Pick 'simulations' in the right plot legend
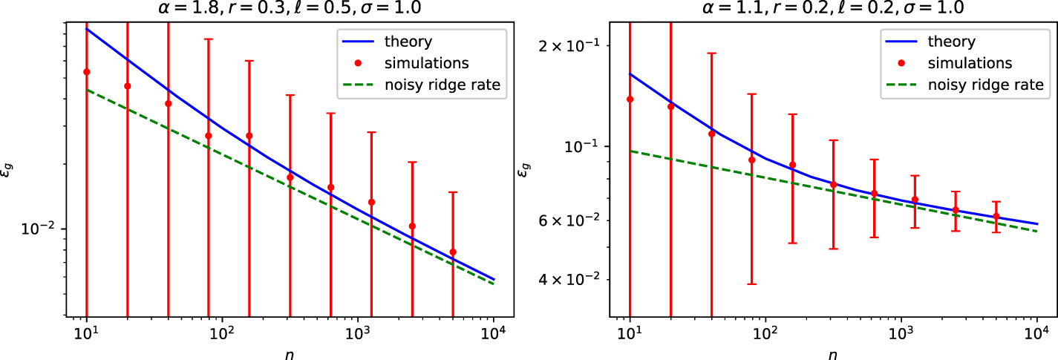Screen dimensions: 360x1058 [x=970, y=63]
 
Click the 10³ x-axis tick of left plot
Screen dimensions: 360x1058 [x=359, y=335]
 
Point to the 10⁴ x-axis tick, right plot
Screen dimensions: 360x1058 [x=1036, y=335]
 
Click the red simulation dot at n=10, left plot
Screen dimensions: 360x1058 [x=87, y=72]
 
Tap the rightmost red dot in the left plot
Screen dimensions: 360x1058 [x=453, y=252]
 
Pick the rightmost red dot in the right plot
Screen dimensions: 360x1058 [x=996, y=216]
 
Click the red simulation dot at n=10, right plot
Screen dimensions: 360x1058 [x=630, y=99]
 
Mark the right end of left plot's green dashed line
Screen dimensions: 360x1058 [x=494, y=284]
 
